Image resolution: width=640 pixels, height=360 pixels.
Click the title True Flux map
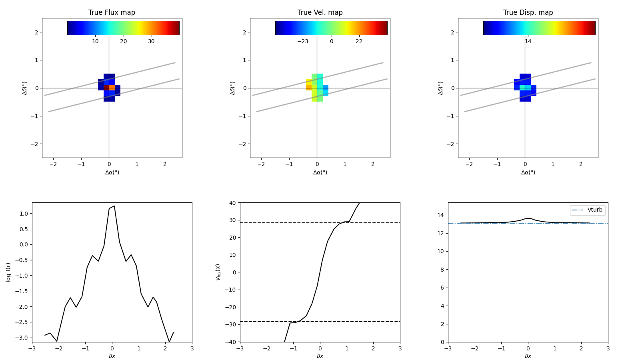pyautogui.click(x=112, y=12)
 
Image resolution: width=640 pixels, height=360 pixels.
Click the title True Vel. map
pyautogui.click(x=320, y=12)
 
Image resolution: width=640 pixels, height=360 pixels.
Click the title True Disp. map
pyautogui.click(x=528, y=12)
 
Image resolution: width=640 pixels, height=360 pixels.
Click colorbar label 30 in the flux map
pyautogui.click(x=151, y=42)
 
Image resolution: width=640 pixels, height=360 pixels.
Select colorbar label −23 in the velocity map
pyautogui.click(x=303, y=42)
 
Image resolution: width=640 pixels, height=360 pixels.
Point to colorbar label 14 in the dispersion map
pyautogui.click(x=528, y=42)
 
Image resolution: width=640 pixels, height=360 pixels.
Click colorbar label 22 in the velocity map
pyautogui.click(x=359, y=42)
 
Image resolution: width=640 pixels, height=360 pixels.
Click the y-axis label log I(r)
pyautogui.click(x=8, y=272)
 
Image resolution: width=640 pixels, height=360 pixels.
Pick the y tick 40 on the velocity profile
pyautogui.click(x=233, y=203)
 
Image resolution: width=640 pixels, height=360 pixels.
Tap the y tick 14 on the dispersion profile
pyautogui.click(x=441, y=215)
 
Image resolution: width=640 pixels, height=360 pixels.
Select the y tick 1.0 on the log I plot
pyautogui.click(x=24, y=214)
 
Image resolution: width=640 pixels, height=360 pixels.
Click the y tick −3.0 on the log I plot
pyautogui.click(x=23, y=338)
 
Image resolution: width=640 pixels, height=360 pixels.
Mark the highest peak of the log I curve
pyautogui.click(x=114, y=206)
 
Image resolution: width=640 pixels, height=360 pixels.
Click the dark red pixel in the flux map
pyautogui.click(x=106, y=88)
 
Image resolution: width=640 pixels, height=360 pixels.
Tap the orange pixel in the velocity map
pyautogui.click(x=309, y=88)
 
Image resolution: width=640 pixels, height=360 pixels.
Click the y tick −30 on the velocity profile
pyautogui.click(x=231, y=324)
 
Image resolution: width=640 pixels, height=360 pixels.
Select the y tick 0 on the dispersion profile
pyautogui.click(x=442, y=342)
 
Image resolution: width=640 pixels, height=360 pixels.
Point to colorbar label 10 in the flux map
pyautogui.click(x=95, y=42)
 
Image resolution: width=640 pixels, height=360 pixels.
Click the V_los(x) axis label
pyautogui.click(x=218, y=272)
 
